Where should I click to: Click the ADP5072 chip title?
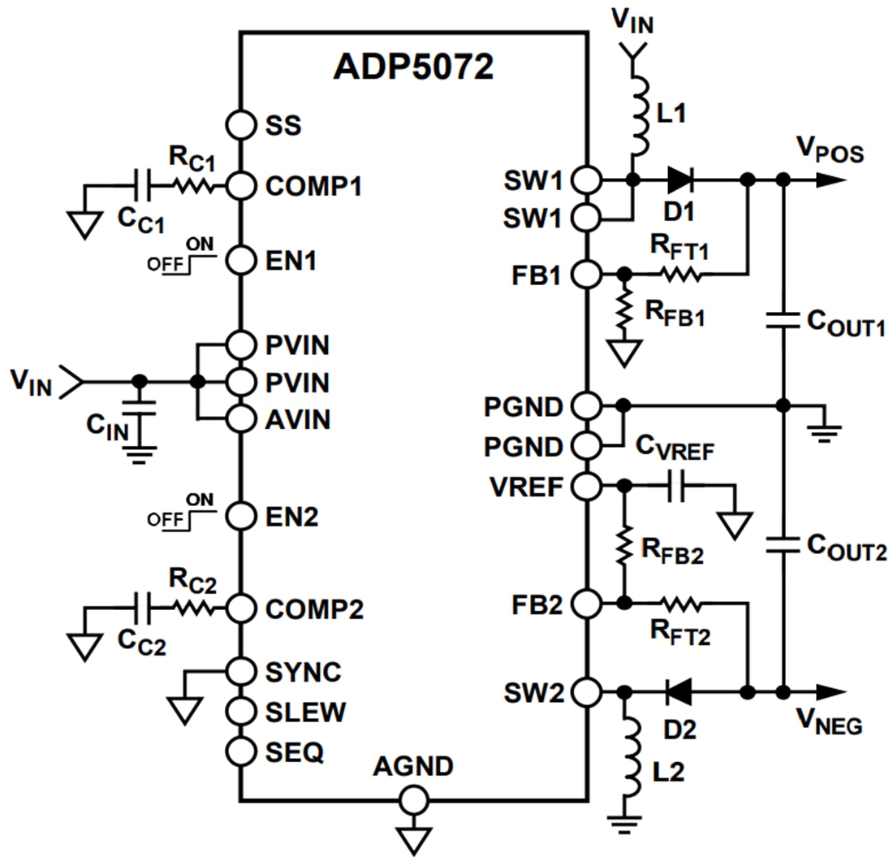(413, 68)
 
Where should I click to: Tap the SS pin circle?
(241, 125)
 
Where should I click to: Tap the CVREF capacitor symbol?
(677, 487)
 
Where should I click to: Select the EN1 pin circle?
(241, 261)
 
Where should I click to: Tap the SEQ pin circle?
(241, 751)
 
